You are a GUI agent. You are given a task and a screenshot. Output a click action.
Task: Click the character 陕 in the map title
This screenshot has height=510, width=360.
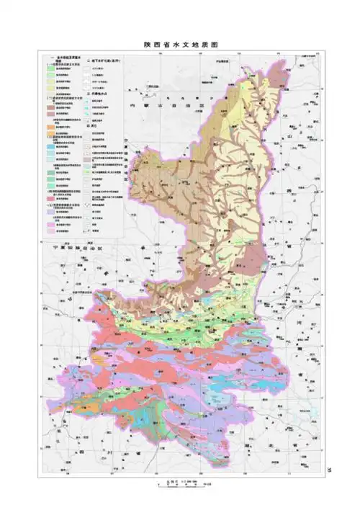coord(146,45)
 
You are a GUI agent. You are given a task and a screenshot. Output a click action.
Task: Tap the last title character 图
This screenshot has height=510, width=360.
coord(214,45)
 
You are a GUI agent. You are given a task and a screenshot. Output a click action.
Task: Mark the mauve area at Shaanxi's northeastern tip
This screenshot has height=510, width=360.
coord(250,69)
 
